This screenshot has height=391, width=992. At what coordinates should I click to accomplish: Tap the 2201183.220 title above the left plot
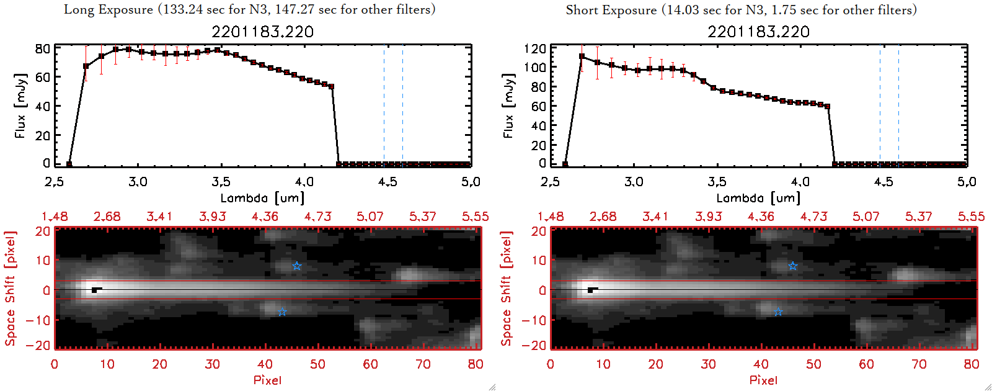click(262, 32)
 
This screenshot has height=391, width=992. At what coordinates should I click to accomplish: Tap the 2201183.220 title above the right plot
click(758, 32)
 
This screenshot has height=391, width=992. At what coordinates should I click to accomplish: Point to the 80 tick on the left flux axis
click(42, 48)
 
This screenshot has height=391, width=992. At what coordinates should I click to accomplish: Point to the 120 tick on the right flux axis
click(534, 48)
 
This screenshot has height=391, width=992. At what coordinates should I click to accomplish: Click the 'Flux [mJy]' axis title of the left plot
click(20, 106)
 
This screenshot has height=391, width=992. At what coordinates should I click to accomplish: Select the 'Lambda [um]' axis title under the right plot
click(758, 198)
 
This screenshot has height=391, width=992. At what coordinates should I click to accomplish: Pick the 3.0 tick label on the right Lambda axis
click(634, 182)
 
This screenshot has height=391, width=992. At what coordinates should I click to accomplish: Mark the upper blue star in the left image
click(297, 266)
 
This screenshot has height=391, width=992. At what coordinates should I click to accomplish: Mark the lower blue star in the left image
click(282, 312)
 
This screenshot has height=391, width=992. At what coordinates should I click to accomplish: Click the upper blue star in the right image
click(793, 266)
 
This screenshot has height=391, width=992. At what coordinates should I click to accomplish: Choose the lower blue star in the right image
click(778, 312)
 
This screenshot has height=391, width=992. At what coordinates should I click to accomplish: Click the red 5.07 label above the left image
click(370, 217)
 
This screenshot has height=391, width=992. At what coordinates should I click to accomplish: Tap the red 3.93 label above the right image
click(708, 217)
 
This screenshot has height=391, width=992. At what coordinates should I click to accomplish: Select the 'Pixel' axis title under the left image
click(267, 380)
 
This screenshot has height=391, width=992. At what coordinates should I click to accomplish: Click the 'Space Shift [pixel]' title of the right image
click(507, 289)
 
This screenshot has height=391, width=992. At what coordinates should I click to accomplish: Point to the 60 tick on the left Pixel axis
click(370, 364)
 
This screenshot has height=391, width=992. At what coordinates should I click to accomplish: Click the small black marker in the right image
click(591, 289)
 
